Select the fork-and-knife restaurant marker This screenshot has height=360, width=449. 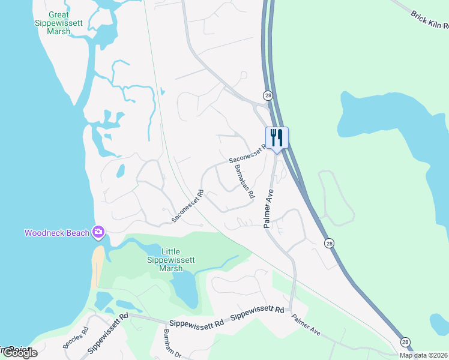click(277, 137)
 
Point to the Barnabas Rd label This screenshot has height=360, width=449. click(244, 181)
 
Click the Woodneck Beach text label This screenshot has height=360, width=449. click(56, 233)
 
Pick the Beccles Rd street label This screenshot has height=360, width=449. click(76, 338)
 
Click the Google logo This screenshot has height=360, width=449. click(19, 353)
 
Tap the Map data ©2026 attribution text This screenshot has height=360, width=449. click(423, 355)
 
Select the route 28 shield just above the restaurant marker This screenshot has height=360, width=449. click(267, 95)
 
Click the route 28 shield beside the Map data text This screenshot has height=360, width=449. click(406, 341)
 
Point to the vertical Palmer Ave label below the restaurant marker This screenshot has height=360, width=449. click(269, 209)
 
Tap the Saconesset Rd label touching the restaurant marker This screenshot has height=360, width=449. click(246, 155)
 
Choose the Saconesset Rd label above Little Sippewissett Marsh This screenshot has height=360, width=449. click(188, 206)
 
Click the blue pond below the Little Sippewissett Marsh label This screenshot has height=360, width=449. click(185, 290)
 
